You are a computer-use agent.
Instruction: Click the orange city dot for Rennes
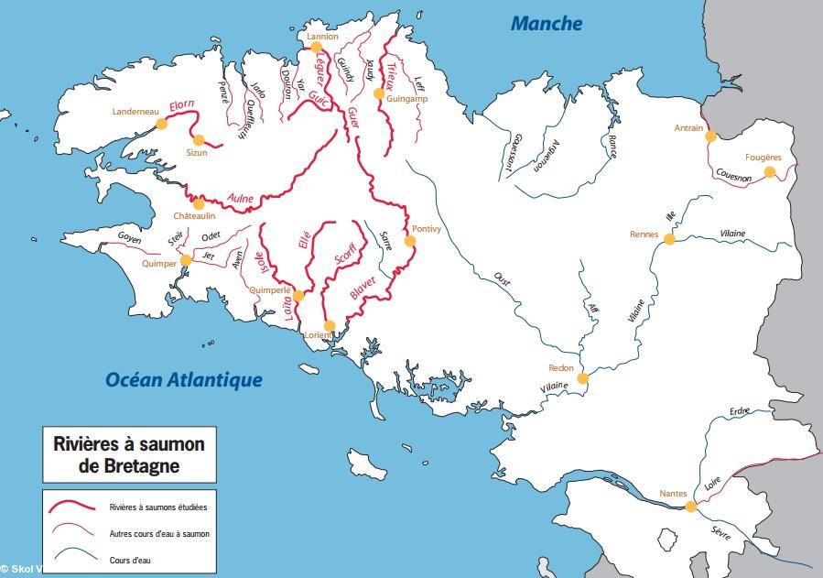tap(669, 240)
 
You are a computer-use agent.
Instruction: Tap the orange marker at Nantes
tap(690, 505)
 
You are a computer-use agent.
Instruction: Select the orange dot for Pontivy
tap(409, 241)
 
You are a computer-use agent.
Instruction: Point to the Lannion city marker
tap(316, 47)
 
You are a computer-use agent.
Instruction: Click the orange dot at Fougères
tap(769, 171)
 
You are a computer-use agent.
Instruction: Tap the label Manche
tap(546, 24)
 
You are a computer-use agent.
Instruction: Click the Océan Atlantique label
tap(183, 379)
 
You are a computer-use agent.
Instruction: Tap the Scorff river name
tap(344, 254)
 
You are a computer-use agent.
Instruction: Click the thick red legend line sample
tap(73, 507)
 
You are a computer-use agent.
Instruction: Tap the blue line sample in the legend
tap(73, 554)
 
